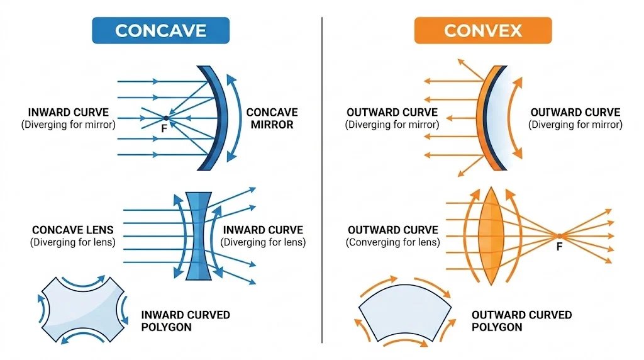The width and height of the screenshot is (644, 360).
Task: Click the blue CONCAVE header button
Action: [160, 30]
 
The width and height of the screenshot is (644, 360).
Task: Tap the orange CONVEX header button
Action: [482, 30]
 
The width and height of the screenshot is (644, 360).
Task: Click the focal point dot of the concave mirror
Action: [165, 118]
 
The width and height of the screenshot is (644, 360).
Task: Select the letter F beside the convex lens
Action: [559, 247]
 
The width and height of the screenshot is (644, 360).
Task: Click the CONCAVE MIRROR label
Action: [272, 118]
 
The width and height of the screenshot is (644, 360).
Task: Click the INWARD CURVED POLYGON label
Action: [186, 320]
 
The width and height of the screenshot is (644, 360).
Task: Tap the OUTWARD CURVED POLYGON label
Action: [521, 320]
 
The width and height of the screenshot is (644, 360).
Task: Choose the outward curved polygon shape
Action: [404, 314]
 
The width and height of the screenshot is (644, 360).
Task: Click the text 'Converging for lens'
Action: [392, 242]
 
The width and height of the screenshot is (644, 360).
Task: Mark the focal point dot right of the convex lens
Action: [558, 236]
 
